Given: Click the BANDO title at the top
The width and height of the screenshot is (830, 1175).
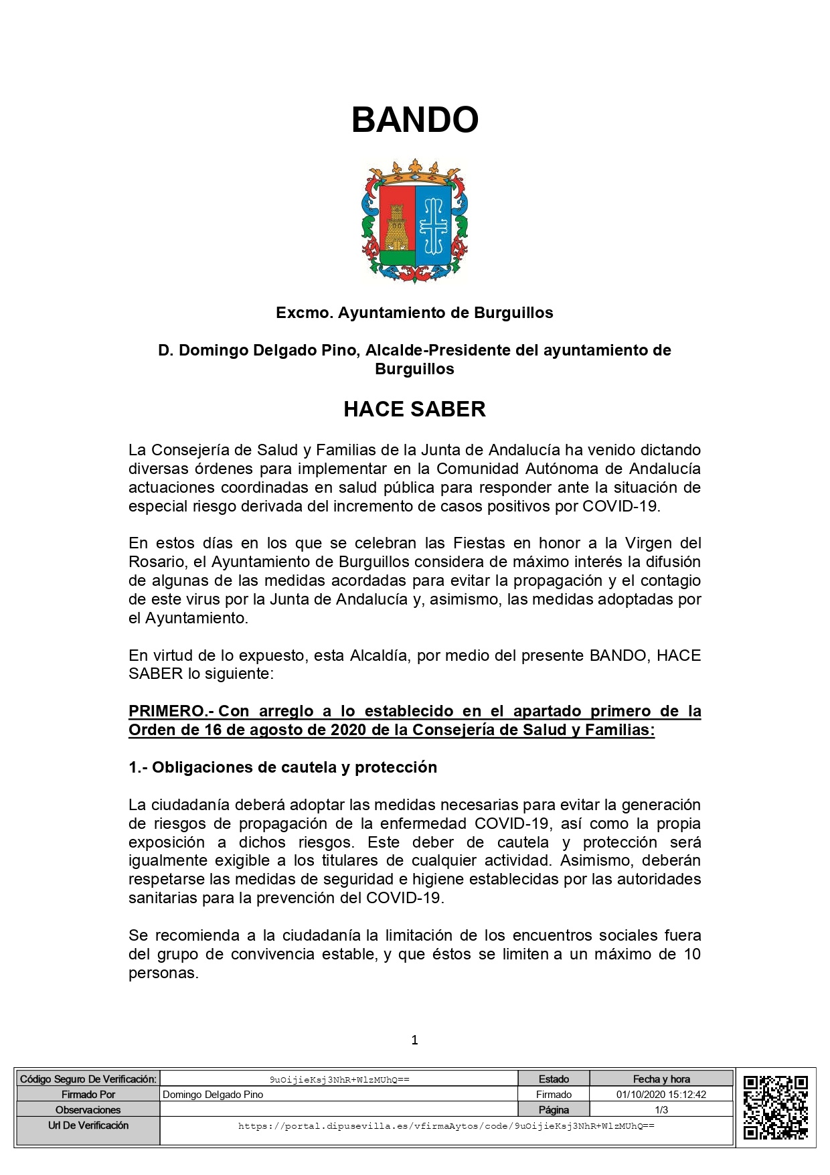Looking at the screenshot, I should (414, 120).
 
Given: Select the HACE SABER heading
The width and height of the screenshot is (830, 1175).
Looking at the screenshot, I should (414, 409).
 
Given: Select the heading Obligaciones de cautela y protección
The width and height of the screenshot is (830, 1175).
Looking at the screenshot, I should (282, 767).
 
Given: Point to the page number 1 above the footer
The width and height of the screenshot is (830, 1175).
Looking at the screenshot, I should (414, 1040).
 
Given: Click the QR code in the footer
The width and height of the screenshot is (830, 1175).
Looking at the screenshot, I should (775, 1107).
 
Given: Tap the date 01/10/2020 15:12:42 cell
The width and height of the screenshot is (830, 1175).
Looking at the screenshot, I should (661, 1095).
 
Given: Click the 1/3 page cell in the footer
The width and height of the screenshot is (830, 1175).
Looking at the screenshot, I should (661, 1110).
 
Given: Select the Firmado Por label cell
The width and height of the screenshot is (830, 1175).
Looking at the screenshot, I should (88, 1095).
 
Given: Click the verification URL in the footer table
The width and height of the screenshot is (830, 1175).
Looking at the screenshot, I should (446, 1126).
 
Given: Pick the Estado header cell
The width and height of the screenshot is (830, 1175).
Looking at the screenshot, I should (554, 1079).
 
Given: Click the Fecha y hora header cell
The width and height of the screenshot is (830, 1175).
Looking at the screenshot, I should (661, 1079).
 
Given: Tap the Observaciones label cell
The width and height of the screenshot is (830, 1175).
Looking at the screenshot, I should (88, 1110).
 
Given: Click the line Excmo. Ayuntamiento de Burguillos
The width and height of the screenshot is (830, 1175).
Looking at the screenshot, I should (414, 313).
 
